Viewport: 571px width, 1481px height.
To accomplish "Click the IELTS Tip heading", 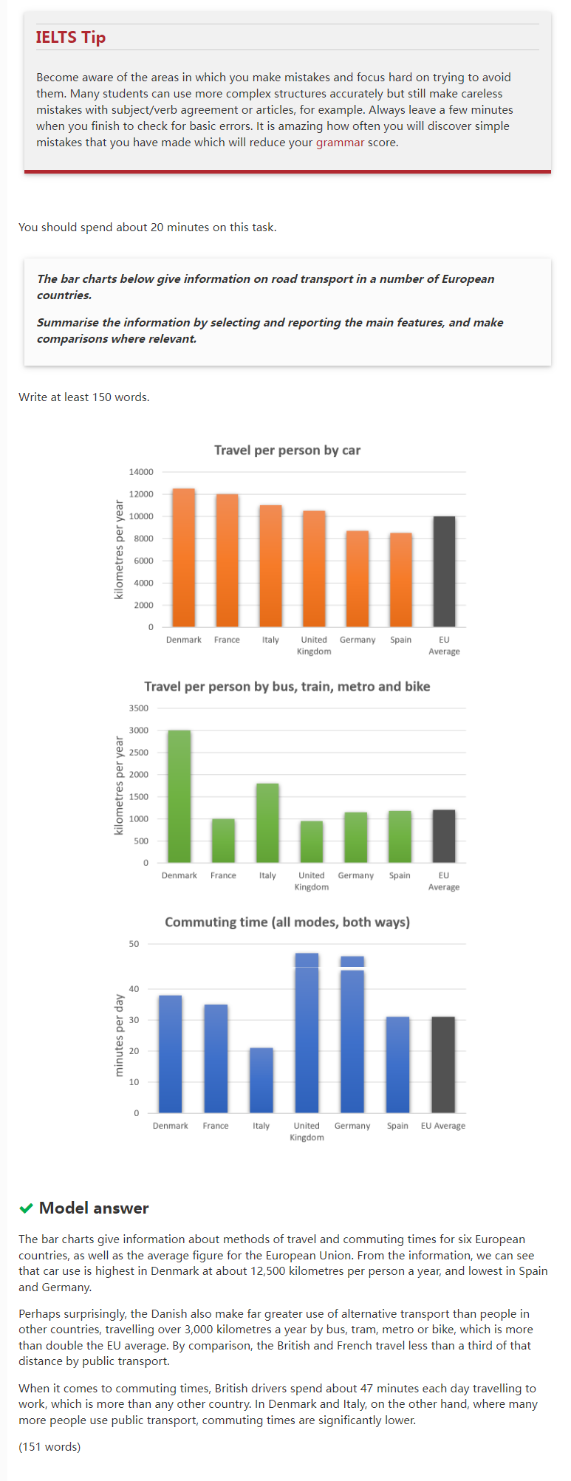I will (x=71, y=37).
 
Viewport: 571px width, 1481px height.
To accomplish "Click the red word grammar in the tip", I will (x=340, y=143).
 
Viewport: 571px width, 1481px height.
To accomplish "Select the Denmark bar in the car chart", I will (x=183, y=558).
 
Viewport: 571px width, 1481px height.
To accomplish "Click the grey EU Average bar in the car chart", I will (x=444, y=571).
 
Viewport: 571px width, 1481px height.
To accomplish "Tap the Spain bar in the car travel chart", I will (x=401, y=579).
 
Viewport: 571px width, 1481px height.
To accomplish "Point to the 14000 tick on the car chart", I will (x=141, y=472).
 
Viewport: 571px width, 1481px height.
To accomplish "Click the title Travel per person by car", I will (x=287, y=450).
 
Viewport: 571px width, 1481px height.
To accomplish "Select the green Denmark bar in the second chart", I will (x=179, y=796).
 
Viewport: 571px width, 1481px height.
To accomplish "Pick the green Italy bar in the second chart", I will (x=267, y=823).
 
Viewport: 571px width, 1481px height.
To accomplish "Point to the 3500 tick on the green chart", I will (x=139, y=708).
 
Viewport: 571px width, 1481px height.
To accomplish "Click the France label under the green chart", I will (x=223, y=875).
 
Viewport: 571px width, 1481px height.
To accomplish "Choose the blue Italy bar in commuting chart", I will (x=261, y=1080).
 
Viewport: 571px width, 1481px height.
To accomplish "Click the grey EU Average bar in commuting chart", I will (x=443, y=1064).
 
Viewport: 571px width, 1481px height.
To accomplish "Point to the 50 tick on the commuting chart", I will (x=134, y=944).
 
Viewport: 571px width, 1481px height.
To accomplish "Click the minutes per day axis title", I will (x=120, y=1035).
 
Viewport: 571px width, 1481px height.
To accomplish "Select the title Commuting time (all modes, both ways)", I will (x=287, y=922).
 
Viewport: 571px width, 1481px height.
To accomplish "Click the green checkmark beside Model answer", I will (x=27, y=1208).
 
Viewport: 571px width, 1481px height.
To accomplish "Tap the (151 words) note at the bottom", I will (x=49, y=1446).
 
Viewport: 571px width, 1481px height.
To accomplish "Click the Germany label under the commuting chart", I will (x=352, y=1126).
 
